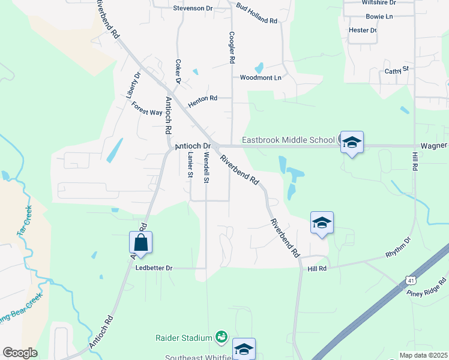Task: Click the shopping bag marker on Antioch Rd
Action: click(140, 242)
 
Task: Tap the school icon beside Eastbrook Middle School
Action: click(352, 142)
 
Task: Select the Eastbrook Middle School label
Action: click(288, 140)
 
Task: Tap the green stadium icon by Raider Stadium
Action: click(221, 335)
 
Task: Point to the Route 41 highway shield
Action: click(409, 280)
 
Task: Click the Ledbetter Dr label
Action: click(154, 268)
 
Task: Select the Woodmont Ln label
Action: click(261, 78)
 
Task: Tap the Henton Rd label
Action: click(202, 101)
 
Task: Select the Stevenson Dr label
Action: click(193, 8)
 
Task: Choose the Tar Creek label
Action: click(25, 223)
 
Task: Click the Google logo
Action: click(20, 353)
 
